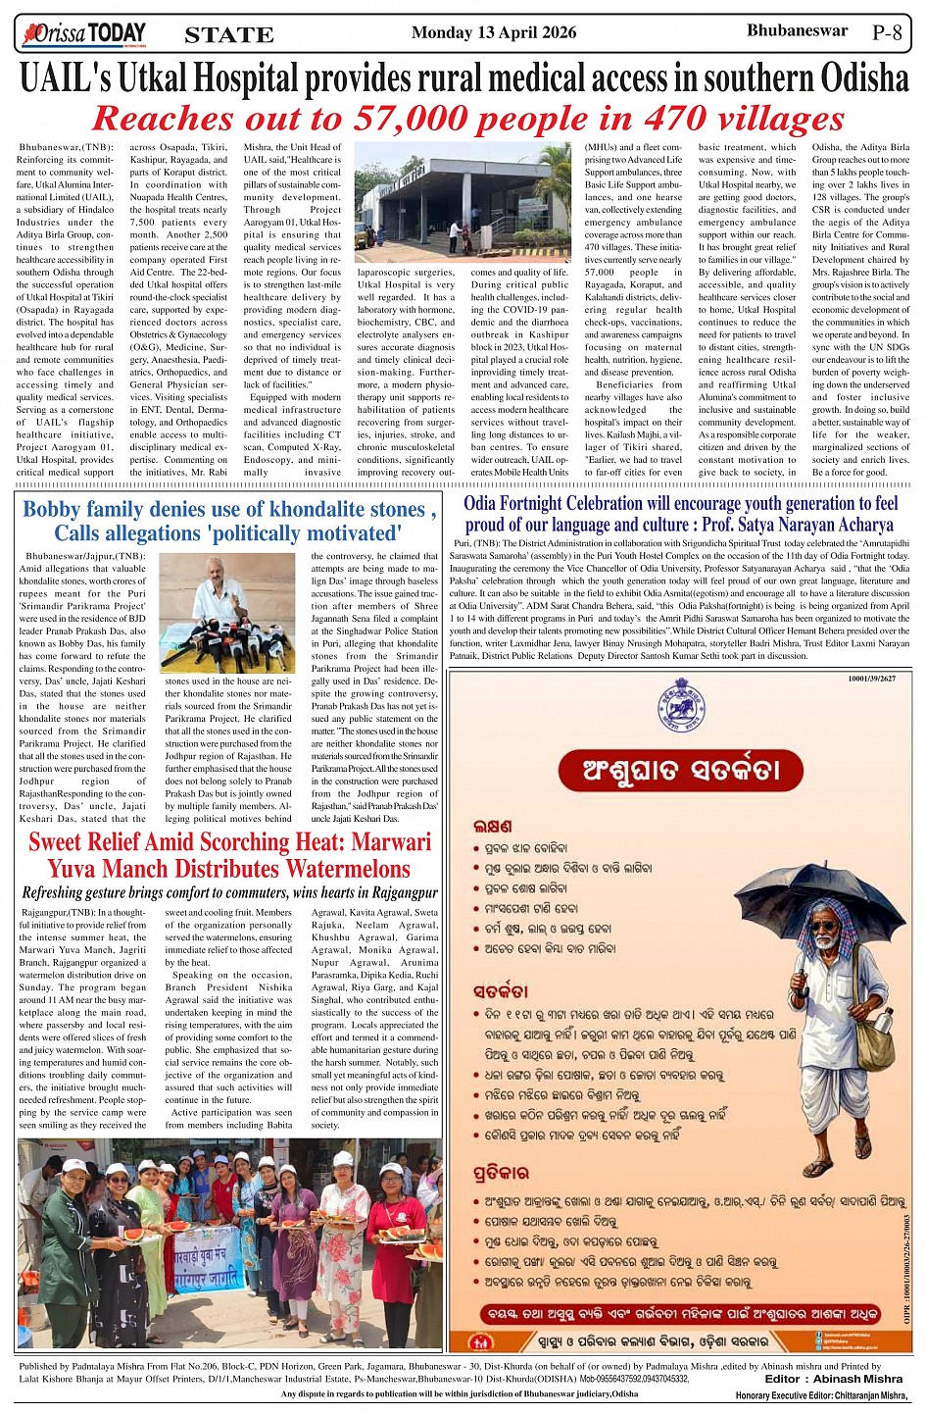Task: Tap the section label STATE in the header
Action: pos(229,35)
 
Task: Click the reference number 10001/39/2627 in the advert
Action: pos(871,679)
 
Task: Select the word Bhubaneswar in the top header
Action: pos(797,30)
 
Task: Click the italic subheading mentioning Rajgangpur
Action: pos(229,892)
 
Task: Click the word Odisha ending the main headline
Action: pos(852,77)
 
